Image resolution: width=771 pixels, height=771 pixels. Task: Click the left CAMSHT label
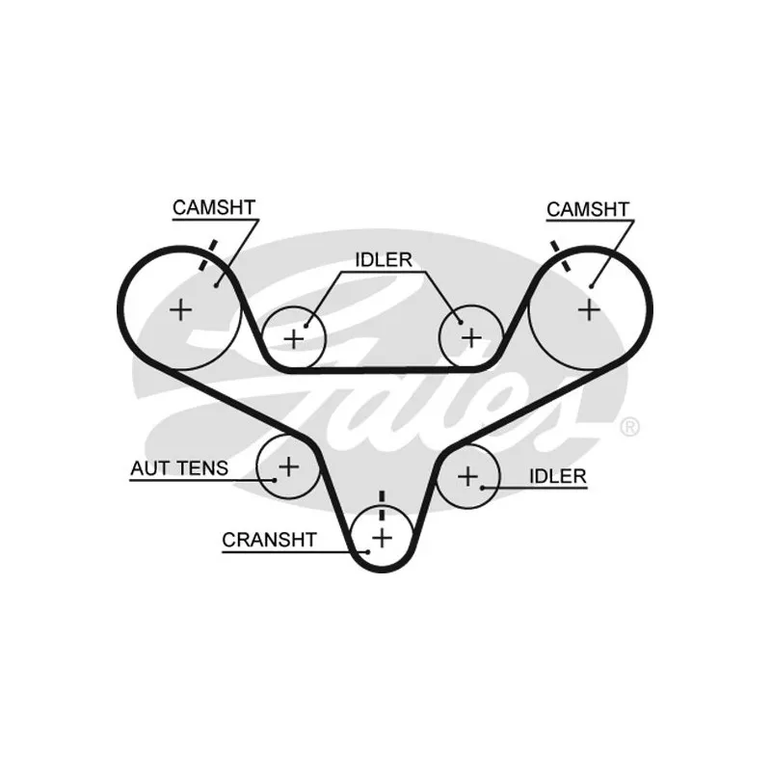[213, 207]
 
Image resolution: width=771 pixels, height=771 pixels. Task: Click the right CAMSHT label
[587, 209]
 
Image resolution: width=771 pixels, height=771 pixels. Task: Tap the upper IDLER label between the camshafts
[384, 259]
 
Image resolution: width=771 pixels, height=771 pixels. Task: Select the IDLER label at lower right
[558, 476]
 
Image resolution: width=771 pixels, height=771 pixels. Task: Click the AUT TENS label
[179, 469]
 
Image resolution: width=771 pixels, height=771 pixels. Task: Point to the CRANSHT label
[269, 540]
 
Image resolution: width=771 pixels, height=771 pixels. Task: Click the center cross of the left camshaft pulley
[180, 309]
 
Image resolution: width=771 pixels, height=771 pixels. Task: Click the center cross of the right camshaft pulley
[589, 309]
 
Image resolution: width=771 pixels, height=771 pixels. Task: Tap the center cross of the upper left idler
[294, 338]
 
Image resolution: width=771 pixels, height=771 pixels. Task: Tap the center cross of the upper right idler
[470, 337]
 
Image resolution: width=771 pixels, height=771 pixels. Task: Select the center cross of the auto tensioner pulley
[287, 467]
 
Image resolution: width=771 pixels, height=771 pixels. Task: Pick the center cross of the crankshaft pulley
[383, 536]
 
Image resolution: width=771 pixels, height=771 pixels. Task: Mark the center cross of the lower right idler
[467, 475]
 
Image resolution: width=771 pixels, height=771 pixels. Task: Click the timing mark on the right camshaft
[561, 254]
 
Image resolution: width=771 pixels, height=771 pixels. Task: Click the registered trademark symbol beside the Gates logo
[628, 426]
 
